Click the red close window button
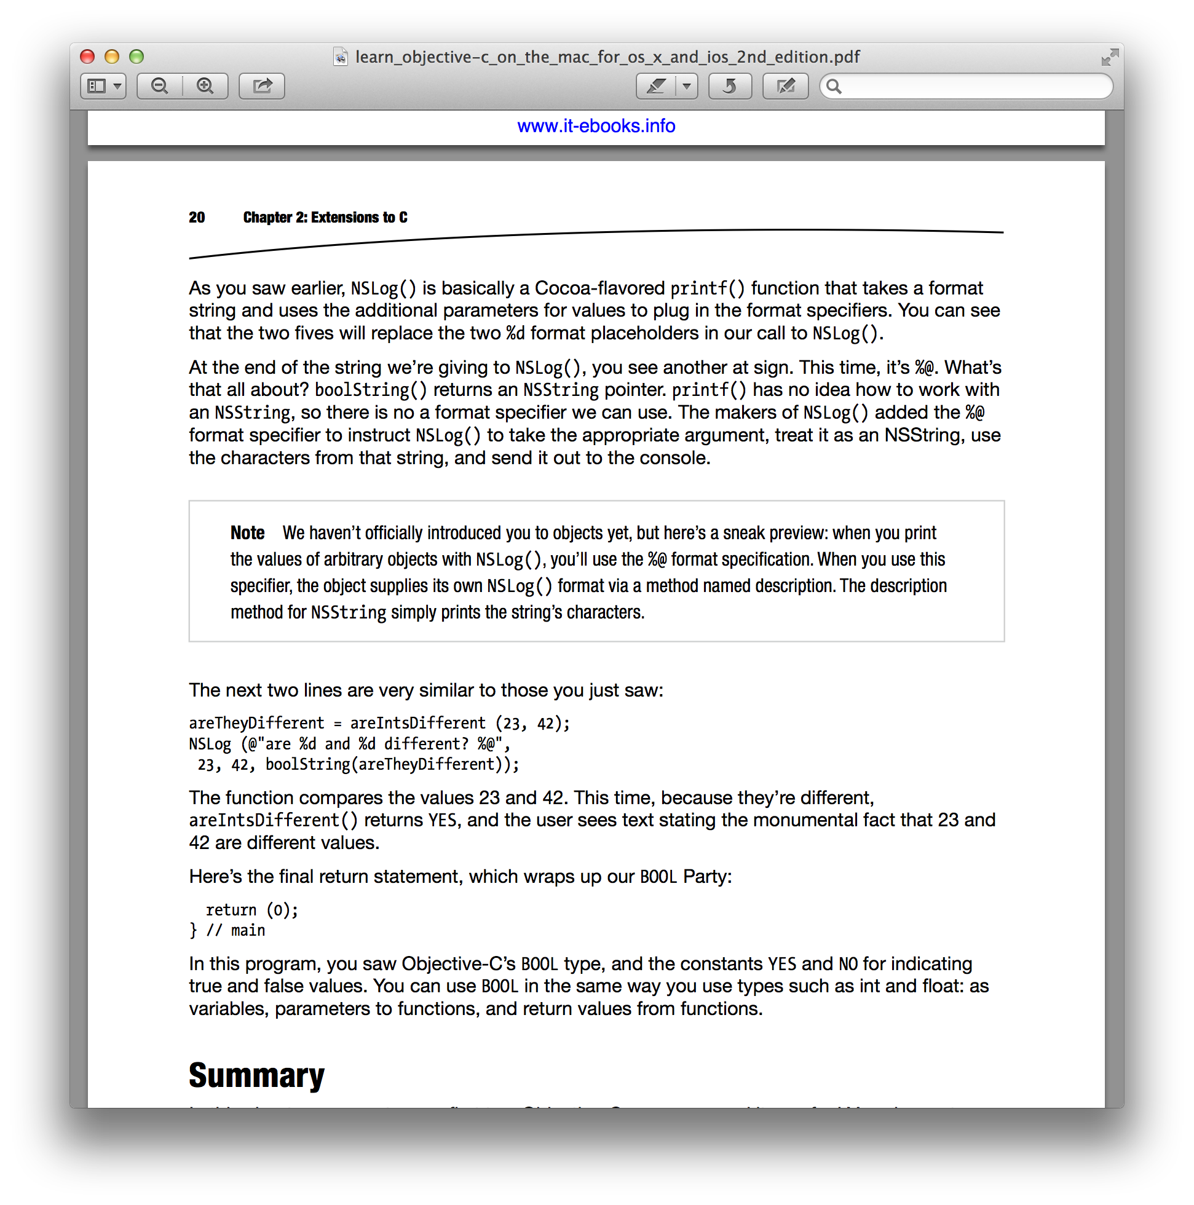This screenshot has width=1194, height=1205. tap(87, 57)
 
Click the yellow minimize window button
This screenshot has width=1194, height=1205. tap(112, 57)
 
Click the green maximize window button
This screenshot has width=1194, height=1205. tap(136, 57)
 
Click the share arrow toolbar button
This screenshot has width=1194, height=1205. tap(262, 85)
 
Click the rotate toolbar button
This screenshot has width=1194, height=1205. tap(729, 85)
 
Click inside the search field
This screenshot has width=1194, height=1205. tap(973, 86)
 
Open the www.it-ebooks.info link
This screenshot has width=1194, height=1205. tap(596, 126)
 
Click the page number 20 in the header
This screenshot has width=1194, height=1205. tap(197, 217)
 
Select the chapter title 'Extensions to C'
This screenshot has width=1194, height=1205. tap(358, 217)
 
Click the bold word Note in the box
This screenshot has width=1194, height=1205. tap(247, 532)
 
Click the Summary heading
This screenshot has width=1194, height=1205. tap(256, 1075)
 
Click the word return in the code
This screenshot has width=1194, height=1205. tap(231, 910)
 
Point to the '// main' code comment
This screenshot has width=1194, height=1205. tap(236, 931)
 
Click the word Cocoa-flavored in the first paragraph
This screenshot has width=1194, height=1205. tap(599, 288)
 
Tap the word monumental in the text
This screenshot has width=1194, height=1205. tap(811, 820)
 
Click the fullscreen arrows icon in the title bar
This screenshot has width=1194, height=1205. tap(1109, 57)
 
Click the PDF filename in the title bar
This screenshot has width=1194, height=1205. tap(607, 57)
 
